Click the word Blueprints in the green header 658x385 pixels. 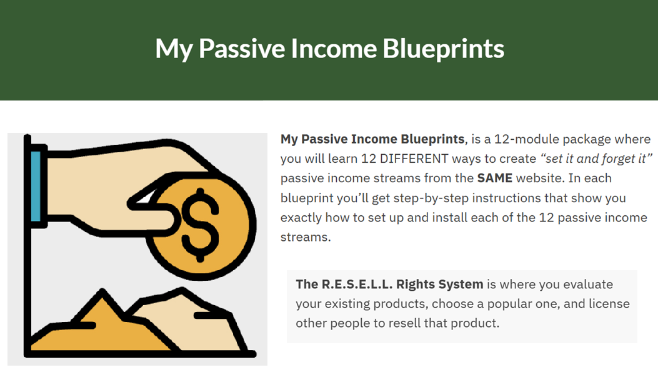[443, 49]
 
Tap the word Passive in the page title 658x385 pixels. [242, 49]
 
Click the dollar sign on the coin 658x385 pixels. [200, 225]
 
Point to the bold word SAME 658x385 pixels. [495, 178]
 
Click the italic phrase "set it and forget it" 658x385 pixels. [596, 158]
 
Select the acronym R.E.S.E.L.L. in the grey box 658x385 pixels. [357, 285]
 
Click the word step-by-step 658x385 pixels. [431, 198]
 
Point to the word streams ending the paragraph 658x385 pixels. [306, 237]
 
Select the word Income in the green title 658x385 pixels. [334, 49]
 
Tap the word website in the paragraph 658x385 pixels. [541, 178]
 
